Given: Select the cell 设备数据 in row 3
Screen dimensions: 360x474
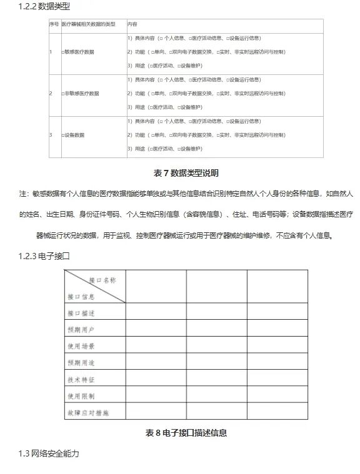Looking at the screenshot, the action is click(x=74, y=135).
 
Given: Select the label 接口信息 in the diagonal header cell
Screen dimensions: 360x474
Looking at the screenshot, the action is click(x=81, y=296).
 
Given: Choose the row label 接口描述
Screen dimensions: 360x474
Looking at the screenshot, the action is click(x=81, y=312).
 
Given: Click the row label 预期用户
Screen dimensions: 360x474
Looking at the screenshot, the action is click(x=81, y=328).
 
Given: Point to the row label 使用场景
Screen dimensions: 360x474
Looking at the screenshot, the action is click(x=81, y=345).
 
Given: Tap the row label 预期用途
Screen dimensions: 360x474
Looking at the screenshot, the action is click(x=81, y=362).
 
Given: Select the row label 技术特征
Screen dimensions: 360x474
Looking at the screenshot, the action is click(x=81, y=379).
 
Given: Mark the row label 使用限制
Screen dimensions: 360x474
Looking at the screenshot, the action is click(x=81, y=396).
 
